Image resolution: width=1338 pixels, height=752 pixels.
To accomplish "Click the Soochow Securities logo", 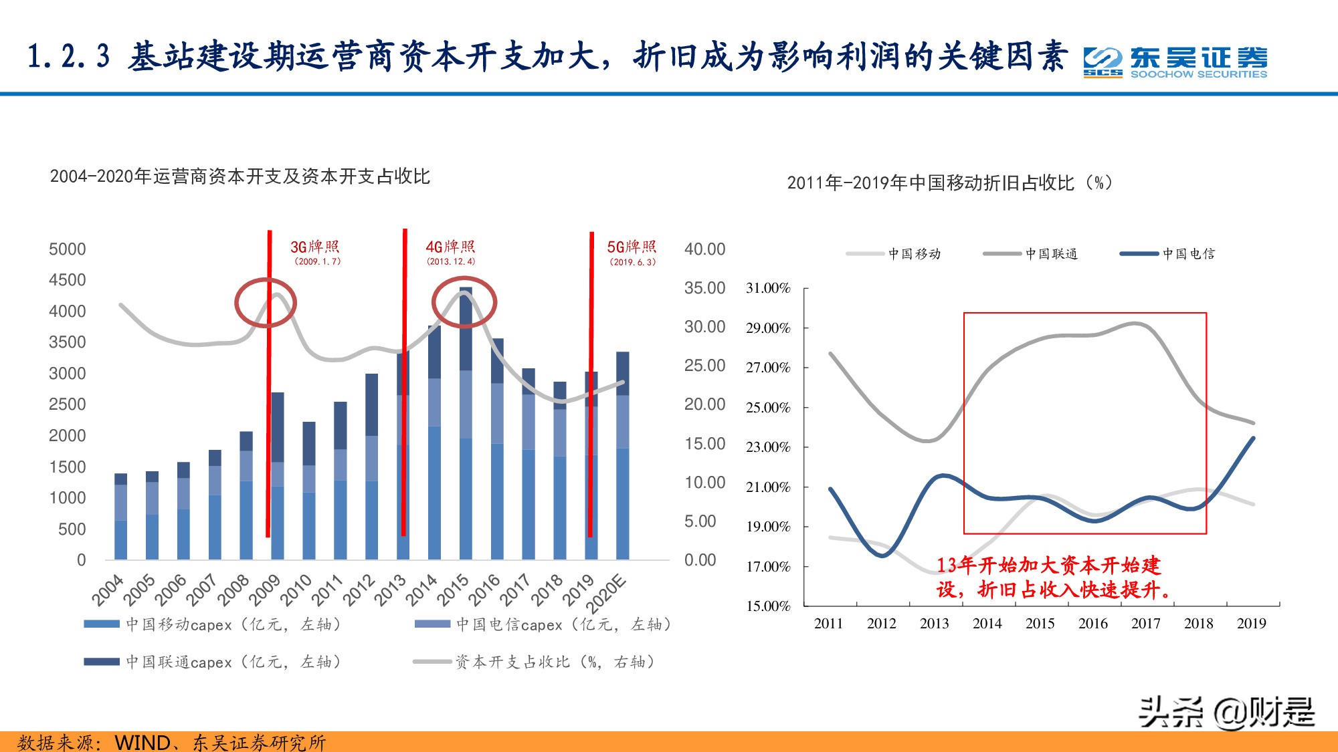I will coord(1175,62).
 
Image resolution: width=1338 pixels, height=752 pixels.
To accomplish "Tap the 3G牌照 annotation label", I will coord(315,252).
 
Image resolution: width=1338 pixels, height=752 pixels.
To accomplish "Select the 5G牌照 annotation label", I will coord(632,252).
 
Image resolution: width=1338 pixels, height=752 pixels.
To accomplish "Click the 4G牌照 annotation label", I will coord(450,252).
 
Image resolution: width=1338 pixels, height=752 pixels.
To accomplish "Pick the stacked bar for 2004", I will coord(121,516).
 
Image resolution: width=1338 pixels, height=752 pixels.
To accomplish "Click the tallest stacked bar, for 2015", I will coord(466,424).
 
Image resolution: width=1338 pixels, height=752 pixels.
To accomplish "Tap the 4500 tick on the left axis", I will coord(67,280).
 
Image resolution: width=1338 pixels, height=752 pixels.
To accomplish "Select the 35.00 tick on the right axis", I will coord(704,288).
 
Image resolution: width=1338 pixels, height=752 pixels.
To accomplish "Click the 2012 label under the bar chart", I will coord(359,590).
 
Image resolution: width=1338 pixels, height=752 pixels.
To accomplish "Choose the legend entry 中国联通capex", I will coord(213,662).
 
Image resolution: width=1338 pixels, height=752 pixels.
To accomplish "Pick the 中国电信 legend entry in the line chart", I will coord(1168,254).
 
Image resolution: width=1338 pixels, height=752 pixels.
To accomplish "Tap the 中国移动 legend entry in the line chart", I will coord(894,254).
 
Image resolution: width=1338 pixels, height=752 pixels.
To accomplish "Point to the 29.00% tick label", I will coord(768,328).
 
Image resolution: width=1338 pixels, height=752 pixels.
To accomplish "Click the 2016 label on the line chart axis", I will coord(1092,624).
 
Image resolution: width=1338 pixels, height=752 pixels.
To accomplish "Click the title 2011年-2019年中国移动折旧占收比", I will coord(949,182).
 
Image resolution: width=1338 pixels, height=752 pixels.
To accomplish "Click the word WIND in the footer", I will coord(142,743).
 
